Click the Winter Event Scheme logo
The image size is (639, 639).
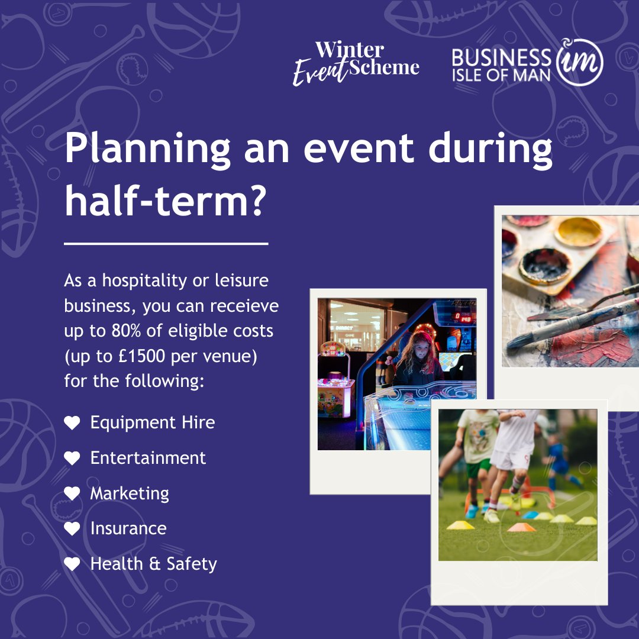tap(356, 64)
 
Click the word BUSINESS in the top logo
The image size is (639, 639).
tap(501, 57)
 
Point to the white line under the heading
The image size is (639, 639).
tap(166, 243)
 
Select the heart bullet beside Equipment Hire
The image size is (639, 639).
tap(72, 423)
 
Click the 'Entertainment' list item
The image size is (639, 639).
tap(148, 458)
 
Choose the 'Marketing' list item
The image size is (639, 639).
tap(130, 493)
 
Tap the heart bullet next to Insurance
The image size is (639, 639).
tap(72, 529)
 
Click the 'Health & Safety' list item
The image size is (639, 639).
tap(153, 564)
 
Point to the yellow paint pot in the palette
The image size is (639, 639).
tap(578, 231)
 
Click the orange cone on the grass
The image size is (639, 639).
tap(521, 527)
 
